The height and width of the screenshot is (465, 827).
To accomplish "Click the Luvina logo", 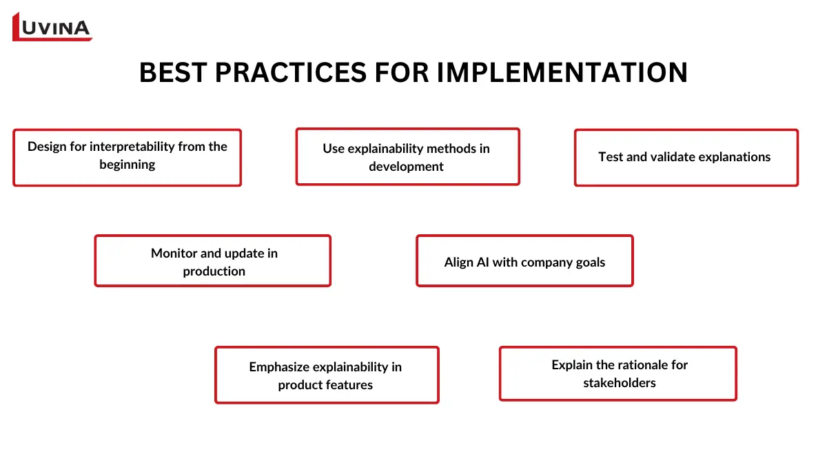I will [x=52, y=27].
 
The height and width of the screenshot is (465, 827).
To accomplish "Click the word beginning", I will [x=127, y=165].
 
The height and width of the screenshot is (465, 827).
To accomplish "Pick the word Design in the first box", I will [x=47, y=147].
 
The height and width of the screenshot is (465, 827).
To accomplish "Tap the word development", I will [x=406, y=167].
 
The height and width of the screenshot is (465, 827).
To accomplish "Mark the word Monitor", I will [x=174, y=254].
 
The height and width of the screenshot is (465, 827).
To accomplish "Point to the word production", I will [x=214, y=271].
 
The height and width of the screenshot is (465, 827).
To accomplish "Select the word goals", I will [x=589, y=262].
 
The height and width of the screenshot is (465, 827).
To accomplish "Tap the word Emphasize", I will [x=279, y=367].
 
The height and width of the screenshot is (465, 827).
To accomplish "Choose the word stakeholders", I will [x=619, y=383].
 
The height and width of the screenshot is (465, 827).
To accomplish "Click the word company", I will [x=547, y=262].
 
